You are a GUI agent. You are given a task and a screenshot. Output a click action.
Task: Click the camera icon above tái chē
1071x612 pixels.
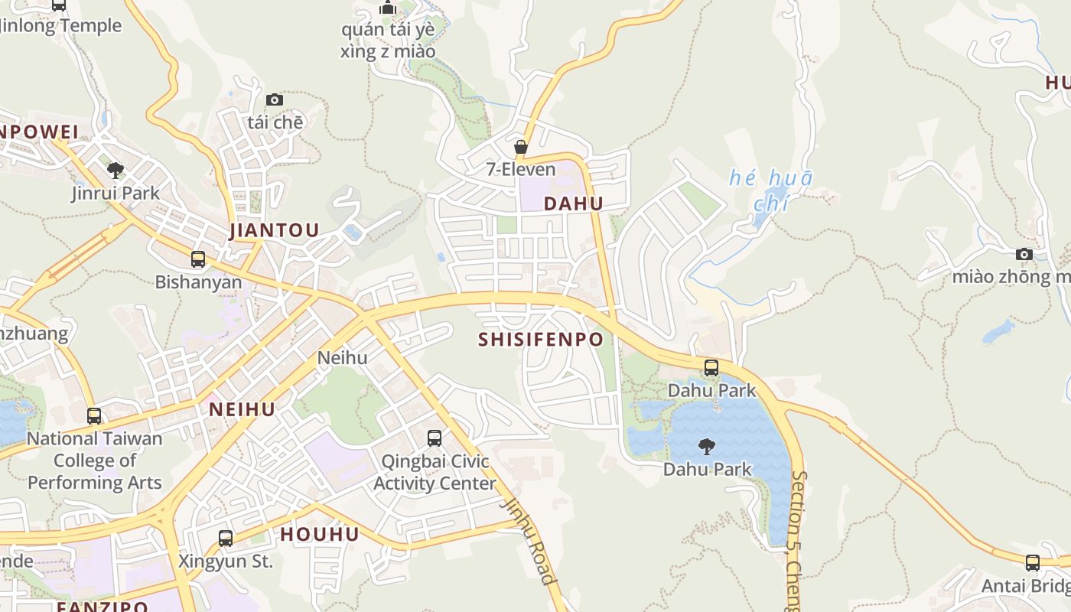[275, 100]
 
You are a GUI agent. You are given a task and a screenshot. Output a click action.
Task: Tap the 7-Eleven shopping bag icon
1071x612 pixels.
[521, 147]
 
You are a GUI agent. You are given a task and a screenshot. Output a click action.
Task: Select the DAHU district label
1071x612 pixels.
[573, 203]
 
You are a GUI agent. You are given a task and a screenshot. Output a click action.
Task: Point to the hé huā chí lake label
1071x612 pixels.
[770, 190]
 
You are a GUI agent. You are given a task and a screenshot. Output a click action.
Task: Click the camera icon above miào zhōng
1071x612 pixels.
[1024, 255]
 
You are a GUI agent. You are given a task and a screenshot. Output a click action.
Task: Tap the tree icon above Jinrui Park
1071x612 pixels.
[116, 170]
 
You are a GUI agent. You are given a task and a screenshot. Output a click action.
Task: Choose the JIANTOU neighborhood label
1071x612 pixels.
[274, 231]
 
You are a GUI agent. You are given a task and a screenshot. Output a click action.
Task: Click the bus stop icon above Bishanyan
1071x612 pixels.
[198, 259]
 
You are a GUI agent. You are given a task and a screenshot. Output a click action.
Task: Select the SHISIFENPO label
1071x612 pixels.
[541, 340]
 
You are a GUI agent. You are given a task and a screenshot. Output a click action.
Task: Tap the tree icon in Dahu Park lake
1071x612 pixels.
[707, 446]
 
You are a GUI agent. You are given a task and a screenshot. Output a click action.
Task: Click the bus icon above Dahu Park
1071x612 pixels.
[711, 368]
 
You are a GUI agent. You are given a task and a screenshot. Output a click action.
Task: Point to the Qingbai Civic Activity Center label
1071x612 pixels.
[434, 473]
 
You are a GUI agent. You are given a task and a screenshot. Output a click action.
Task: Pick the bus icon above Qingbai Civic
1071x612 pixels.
[435, 438]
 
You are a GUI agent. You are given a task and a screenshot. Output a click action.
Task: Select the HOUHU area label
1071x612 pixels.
[320, 534]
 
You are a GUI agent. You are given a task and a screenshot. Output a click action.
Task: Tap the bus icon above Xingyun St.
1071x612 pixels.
[226, 539]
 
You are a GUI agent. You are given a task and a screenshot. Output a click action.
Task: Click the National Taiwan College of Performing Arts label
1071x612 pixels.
[95, 461]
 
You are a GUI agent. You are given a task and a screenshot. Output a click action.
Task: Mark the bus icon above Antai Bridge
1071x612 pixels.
[1033, 564]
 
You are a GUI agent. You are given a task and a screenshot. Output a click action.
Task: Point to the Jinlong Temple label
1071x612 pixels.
[61, 25]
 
